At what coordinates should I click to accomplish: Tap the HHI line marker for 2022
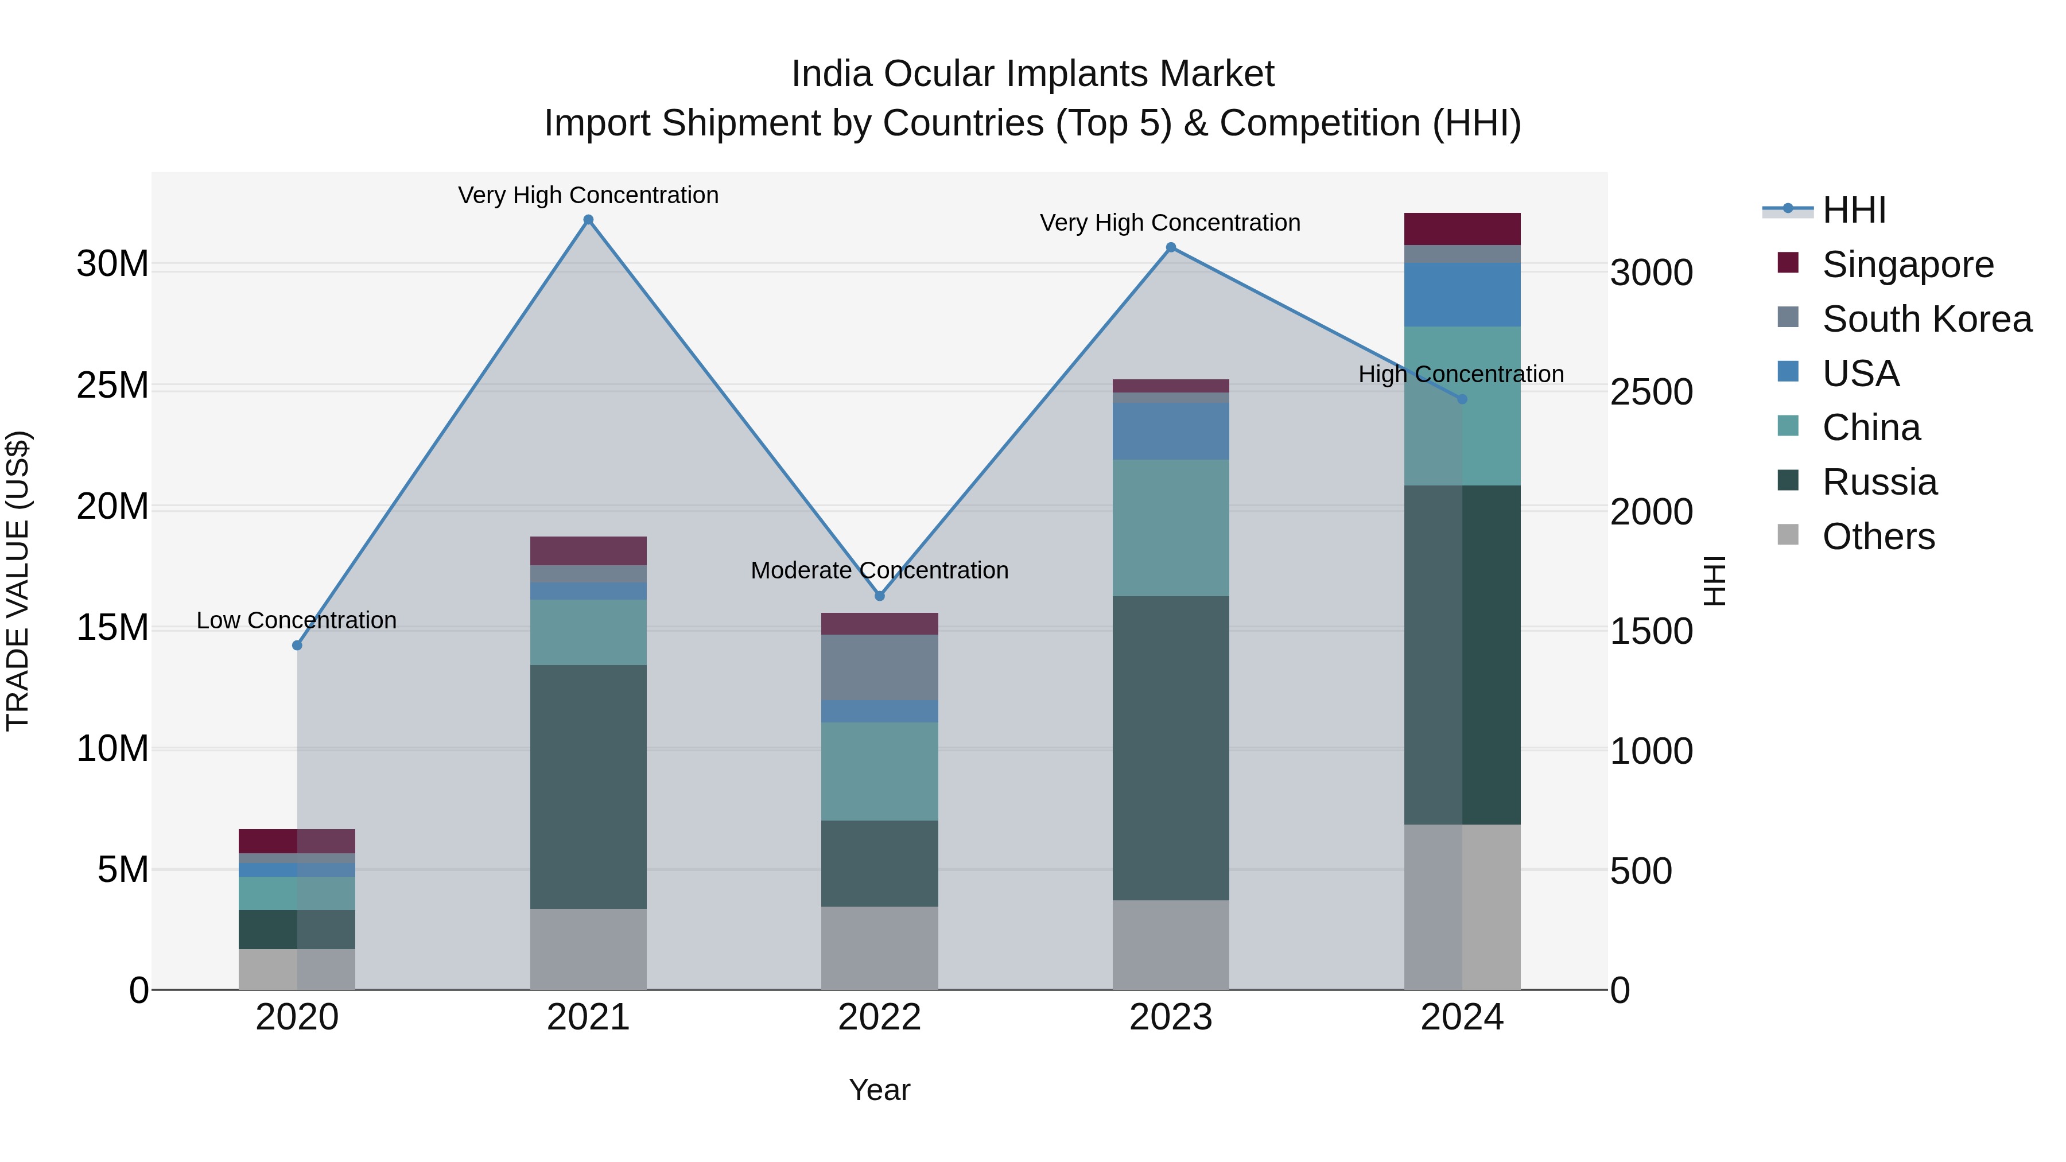click(x=879, y=596)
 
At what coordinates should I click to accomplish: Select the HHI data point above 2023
click(x=1170, y=247)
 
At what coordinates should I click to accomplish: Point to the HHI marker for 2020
click(x=297, y=646)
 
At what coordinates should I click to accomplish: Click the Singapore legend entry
click(x=1907, y=265)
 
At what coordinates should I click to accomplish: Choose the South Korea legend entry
click(x=1927, y=319)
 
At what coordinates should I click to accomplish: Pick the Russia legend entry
click(x=1879, y=482)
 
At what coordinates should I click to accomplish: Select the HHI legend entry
click(x=1854, y=210)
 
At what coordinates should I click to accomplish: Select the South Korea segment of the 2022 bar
click(x=879, y=667)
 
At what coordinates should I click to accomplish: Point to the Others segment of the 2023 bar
click(x=1170, y=945)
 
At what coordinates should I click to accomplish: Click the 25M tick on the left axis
click(x=112, y=386)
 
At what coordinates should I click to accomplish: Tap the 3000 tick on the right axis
click(x=1651, y=273)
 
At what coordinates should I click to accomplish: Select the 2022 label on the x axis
click(x=879, y=1017)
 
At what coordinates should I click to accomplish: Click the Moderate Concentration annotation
click(x=879, y=570)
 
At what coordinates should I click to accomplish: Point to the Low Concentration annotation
click(x=296, y=620)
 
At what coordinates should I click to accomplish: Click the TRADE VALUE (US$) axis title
click(x=18, y=581)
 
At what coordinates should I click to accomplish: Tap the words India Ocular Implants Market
click(x=1032, y=74)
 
